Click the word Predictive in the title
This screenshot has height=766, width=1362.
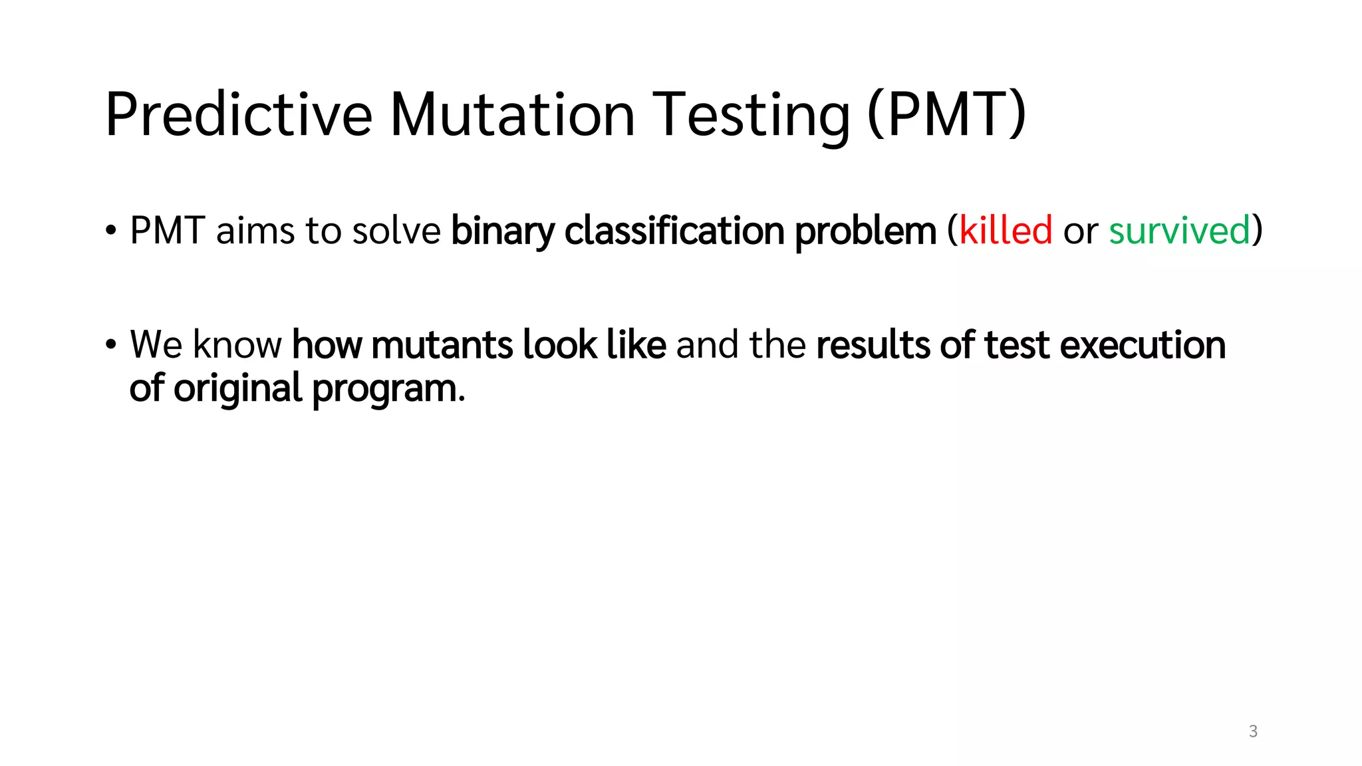tap(238, 114)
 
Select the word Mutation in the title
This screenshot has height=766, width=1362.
tap(512, 114)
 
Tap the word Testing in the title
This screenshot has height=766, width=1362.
tap(751, 114)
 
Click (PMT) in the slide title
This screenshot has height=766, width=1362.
tap(947, 114)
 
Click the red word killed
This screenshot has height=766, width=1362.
tap(1006, 231)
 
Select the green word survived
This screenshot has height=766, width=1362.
tap(1179, 231)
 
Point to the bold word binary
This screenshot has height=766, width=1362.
tap(502, 231)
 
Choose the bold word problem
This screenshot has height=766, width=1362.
tap(865, 231)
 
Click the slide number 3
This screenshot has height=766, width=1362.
tap(1253, 731)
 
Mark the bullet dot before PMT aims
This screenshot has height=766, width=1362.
tap(111, 231)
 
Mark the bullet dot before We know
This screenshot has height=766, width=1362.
tap(111, 345)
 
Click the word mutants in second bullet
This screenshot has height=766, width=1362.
tap(442, 345)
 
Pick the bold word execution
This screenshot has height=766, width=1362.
tap(1142, 345)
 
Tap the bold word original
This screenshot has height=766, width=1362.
tap(237, 389)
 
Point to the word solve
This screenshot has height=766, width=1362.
tap(396, 231)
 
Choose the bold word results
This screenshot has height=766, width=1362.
tap(873, 345)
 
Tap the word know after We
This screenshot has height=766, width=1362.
tap(237, 345)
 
